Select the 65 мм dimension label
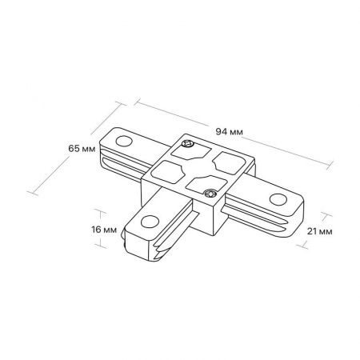[82, 149]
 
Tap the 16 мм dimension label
[104, 230]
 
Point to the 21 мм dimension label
[320, 231]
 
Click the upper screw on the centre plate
[187, 144]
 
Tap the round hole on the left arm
[124, 141]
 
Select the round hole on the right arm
[278, 198]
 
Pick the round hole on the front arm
[150, 222]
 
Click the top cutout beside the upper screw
[190, 154]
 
